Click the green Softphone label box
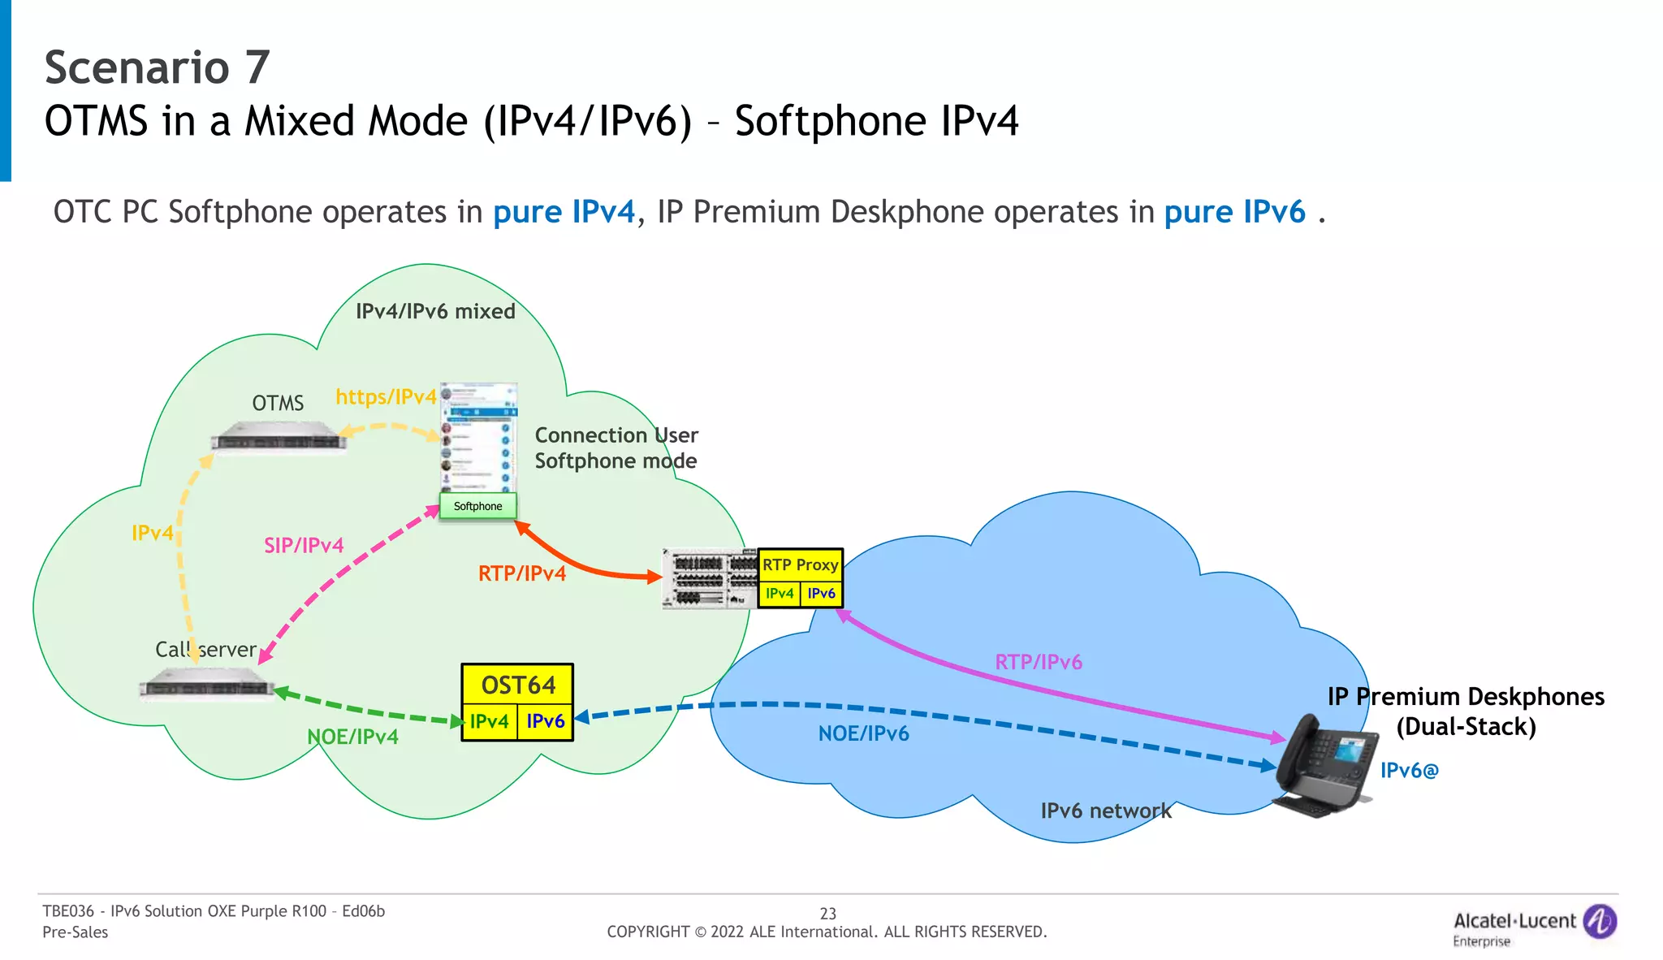click(x=477, y=506)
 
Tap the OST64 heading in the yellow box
click(x=518, y=685)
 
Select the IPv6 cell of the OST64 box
click(x=546, y=721)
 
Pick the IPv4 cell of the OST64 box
click(x=489, y=721)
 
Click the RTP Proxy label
click(x=800, y=564)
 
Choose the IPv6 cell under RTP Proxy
click(x=821, y=594)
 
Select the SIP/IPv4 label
click(x=304, y=545)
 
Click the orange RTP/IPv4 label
click(x=522, y=573)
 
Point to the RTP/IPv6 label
click(x=1039, y=662)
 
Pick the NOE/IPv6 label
click(x=863, y=733)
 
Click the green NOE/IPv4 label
click(x=352, y=737)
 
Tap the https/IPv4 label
click(x=386, y=396)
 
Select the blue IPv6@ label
click(x=1409, y=770)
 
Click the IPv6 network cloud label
click(x=1106, y=811)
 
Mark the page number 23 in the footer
click(x=827, y=914)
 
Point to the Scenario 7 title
click(x=157, y=67)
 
